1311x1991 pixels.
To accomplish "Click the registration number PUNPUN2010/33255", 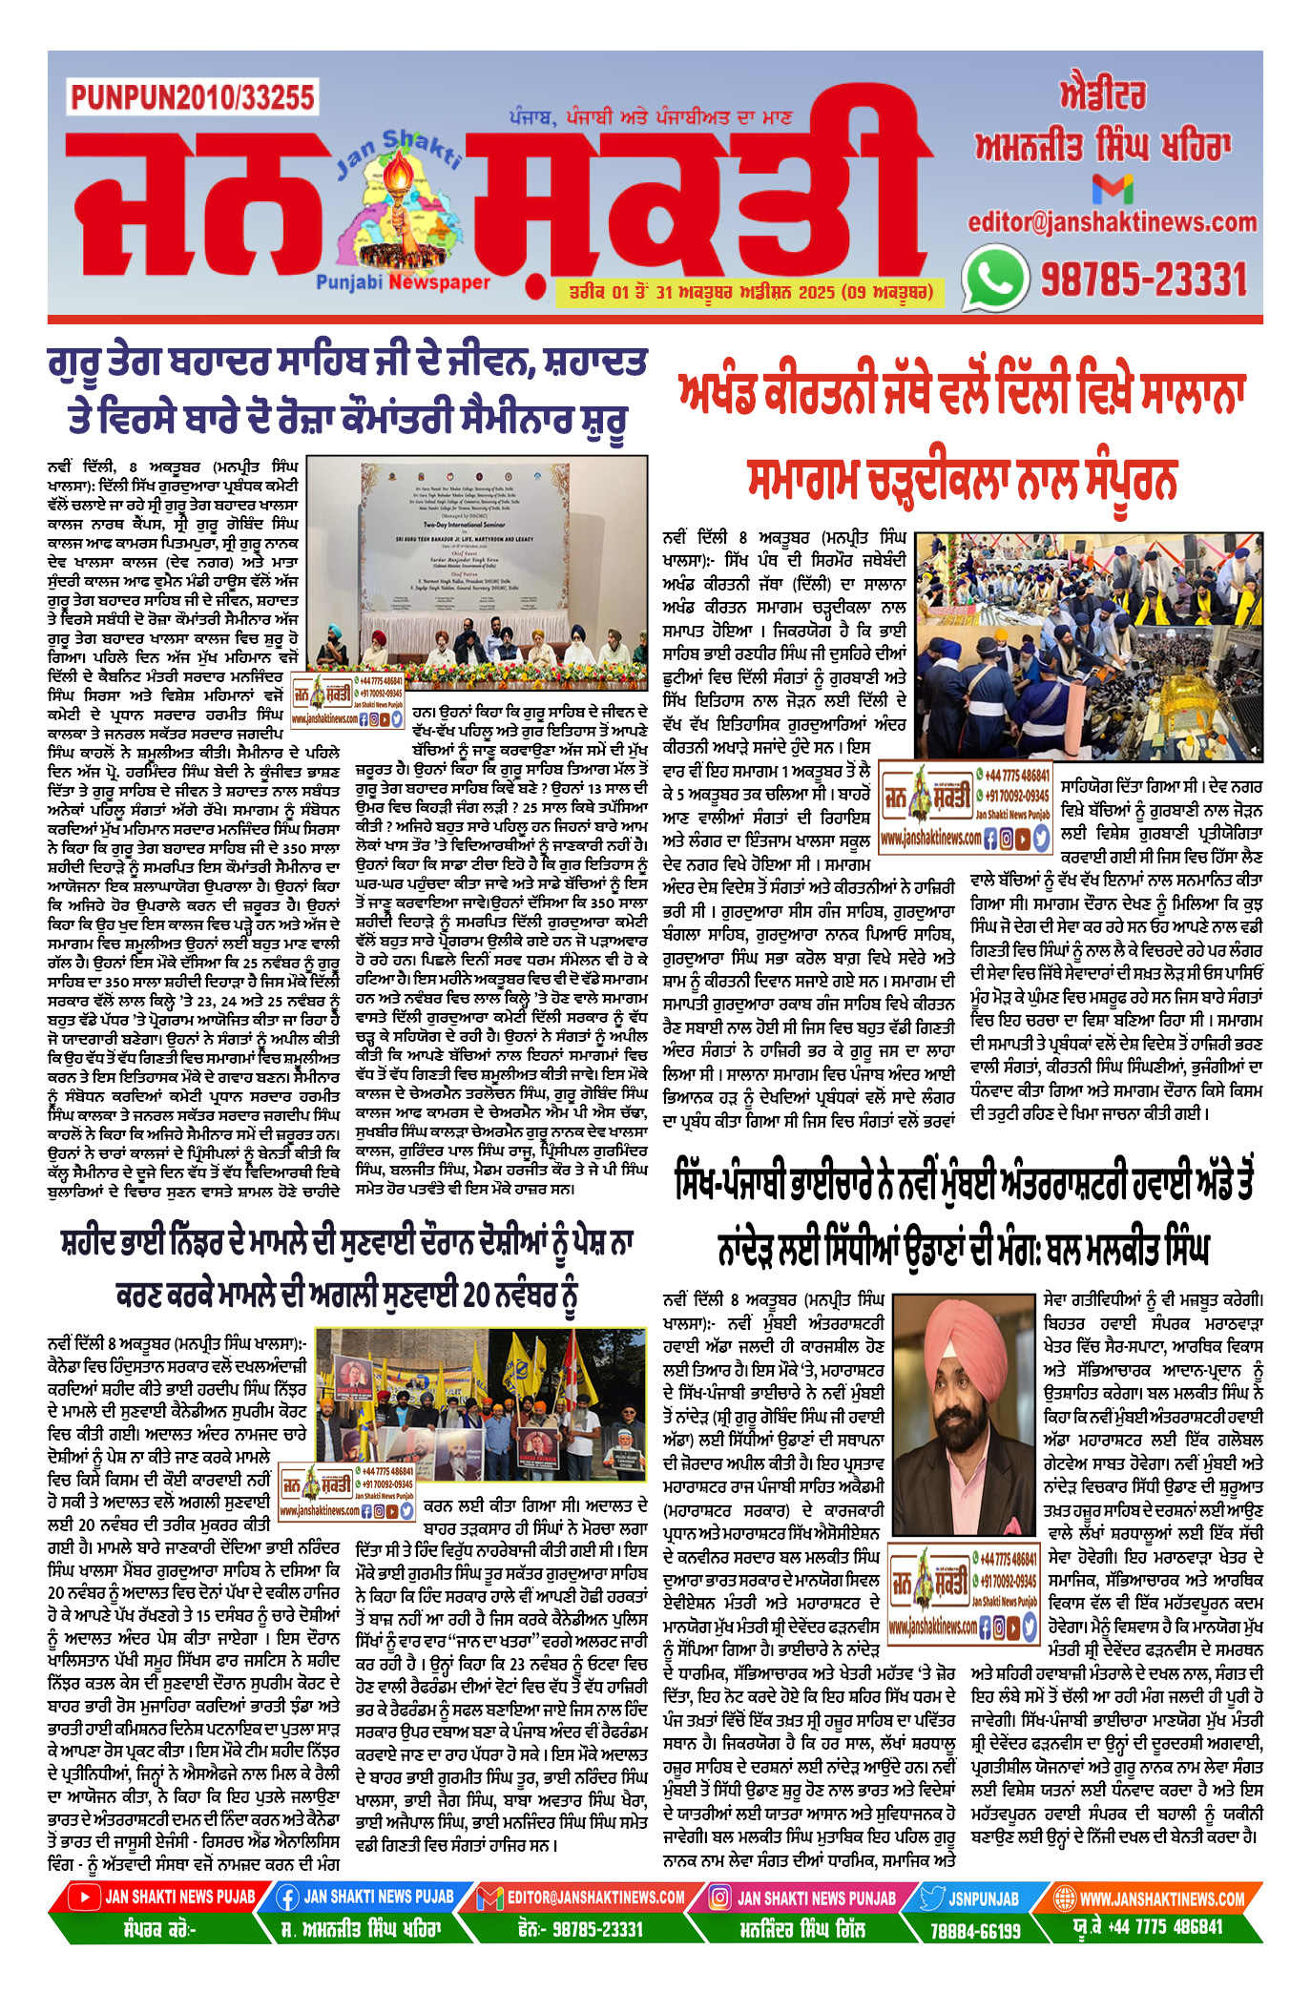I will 192,97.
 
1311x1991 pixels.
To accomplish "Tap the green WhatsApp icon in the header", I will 995,278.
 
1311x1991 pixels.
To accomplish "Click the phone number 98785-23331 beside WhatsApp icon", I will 1143,280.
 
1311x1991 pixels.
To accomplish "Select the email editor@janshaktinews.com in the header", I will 1113,222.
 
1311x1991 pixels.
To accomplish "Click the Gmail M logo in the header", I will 1113,188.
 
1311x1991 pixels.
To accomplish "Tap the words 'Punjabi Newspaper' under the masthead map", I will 403,282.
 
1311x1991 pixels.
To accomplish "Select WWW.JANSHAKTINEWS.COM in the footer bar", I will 1161,1898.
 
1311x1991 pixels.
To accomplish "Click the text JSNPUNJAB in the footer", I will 983,1898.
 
